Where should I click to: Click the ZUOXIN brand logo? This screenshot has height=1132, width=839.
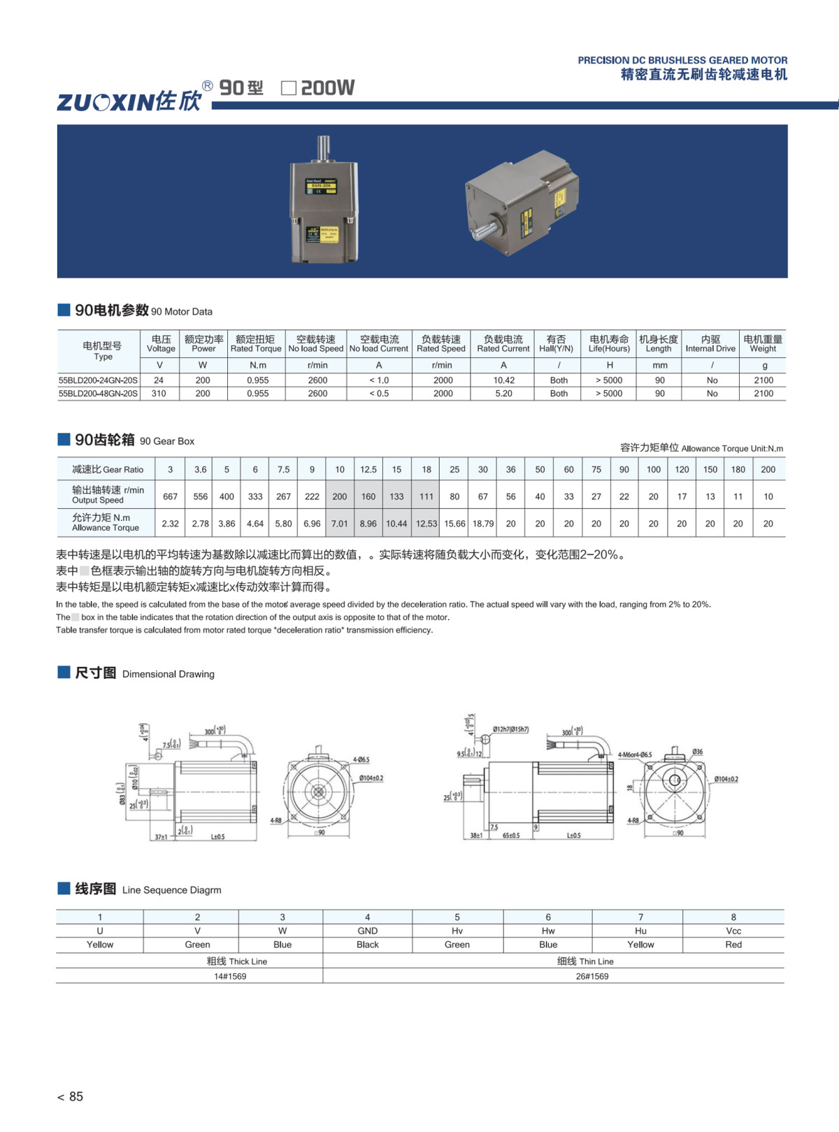tap(129, 101)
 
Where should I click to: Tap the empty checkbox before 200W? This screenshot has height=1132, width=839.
tap(288, 88)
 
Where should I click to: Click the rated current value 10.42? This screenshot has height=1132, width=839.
tap(503, 380)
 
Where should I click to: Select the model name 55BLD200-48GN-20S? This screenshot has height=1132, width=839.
tap(98, 394)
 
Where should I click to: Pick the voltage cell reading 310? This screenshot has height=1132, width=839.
tap(159, 394)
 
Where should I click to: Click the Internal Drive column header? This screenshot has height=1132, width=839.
tap(710, 343)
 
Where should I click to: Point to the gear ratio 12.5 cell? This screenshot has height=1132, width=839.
tap(368, 469)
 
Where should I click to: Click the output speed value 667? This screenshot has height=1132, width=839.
tap(170, 496)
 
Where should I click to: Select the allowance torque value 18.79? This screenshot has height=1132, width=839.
tap(482, 524)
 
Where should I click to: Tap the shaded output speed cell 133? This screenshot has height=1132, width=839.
tap(396, 496)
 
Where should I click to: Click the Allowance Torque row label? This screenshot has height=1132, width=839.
tap(105, 522)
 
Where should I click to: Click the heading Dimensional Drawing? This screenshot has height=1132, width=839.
tap(168, 674)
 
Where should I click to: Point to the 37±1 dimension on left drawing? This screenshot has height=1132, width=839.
tap(161, 836)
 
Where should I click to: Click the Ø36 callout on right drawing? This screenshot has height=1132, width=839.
tap(697, 752)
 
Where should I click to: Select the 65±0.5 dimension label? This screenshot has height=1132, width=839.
tap(511, 836)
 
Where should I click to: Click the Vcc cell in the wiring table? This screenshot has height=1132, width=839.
tap(733, 931)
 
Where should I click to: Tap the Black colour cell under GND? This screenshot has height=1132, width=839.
tap(367, 945)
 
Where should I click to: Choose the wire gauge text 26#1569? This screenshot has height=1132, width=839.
tap(591, 976)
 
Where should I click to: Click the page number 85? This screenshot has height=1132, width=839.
tap(76, 1096)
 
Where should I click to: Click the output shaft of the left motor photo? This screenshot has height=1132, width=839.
tap(324, 148)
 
